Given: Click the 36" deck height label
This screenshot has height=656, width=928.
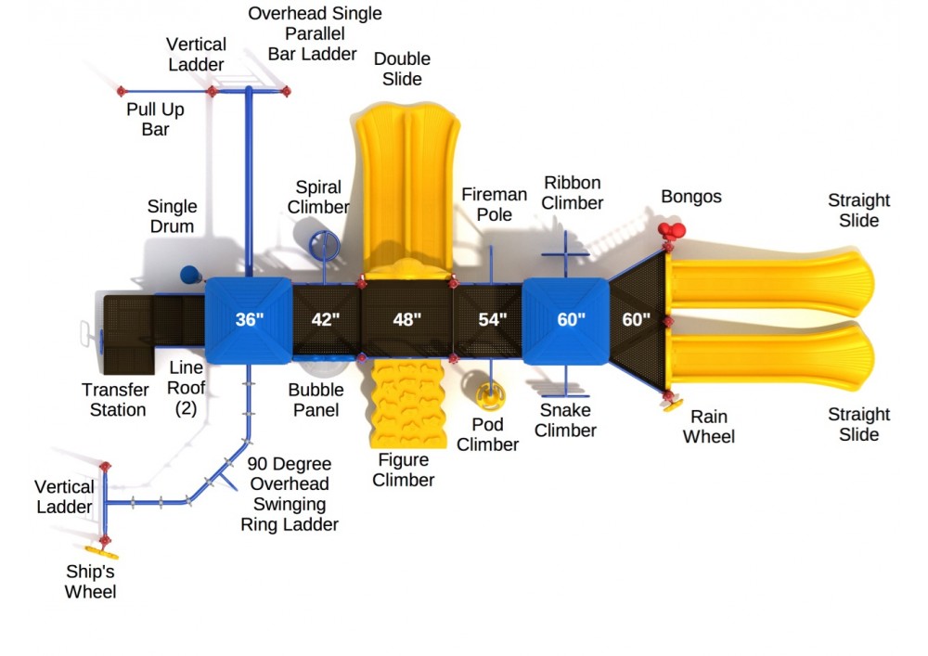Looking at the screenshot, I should [250, 320].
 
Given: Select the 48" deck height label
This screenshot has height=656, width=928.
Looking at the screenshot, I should [406, 320].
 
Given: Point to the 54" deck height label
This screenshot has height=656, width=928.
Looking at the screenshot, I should [492, 320].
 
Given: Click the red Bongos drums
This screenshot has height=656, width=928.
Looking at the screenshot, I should [671, 231].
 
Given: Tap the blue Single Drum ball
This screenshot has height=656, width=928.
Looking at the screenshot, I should [190, 274].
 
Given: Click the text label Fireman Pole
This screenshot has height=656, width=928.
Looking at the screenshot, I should [487, 203].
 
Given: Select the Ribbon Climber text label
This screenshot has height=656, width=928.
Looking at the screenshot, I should [573, 193].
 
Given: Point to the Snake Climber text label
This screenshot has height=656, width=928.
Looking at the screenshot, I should [565, 420].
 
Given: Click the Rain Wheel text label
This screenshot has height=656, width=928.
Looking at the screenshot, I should [708, 427].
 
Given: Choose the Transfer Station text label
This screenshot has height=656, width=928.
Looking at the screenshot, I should [114, 400].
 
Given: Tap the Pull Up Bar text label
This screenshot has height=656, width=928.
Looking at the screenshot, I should [156, 120].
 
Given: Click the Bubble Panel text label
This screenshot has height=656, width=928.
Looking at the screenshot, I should [316, 400].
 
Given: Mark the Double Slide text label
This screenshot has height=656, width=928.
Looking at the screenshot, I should [402, 70].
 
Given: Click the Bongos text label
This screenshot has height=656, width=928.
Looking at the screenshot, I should [691, 197].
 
